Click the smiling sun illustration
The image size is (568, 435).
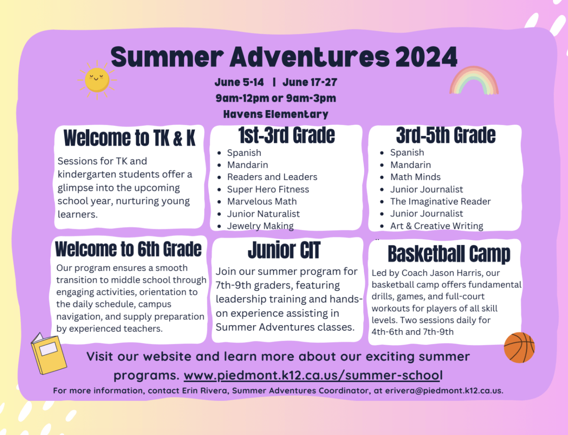tap(97, 80)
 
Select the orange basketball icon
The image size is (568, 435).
tap(519, 348)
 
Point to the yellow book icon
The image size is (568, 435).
tap(49, 354)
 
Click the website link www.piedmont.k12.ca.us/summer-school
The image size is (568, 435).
tap(313, 375)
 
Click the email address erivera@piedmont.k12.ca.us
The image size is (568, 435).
tap(443, 391)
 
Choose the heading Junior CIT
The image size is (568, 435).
tap(284, 250)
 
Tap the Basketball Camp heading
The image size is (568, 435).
tap(449, 254)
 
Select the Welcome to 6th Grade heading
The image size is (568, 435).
tap(128, 249)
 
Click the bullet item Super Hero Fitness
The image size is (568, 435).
tap(268, 189)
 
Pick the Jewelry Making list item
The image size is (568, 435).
tap(260, 226)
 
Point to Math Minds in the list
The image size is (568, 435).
tap(415, 177)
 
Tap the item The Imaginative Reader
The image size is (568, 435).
tap(441, 201)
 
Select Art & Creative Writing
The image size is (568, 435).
tap(437, 226)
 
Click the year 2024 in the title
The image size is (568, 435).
tap(426, 57)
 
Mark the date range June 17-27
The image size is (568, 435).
tap(310, 82)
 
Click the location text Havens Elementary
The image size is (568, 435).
tap(276, 114)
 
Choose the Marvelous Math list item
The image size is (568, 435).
tap(262, 201)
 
